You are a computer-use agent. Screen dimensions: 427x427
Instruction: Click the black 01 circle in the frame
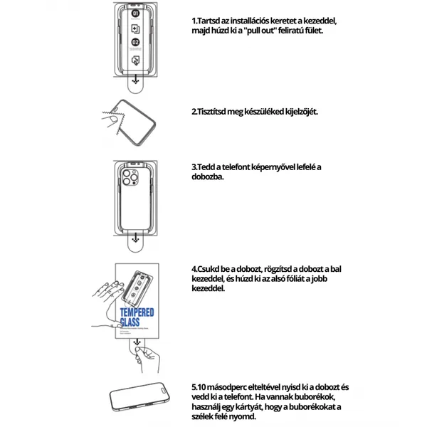click(136, 14)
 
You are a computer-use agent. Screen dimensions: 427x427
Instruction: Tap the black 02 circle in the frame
click(136, 44)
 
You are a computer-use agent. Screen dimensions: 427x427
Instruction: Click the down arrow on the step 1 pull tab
click(136, 82)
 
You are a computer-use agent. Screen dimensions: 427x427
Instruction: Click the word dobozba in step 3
click(207, 176)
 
